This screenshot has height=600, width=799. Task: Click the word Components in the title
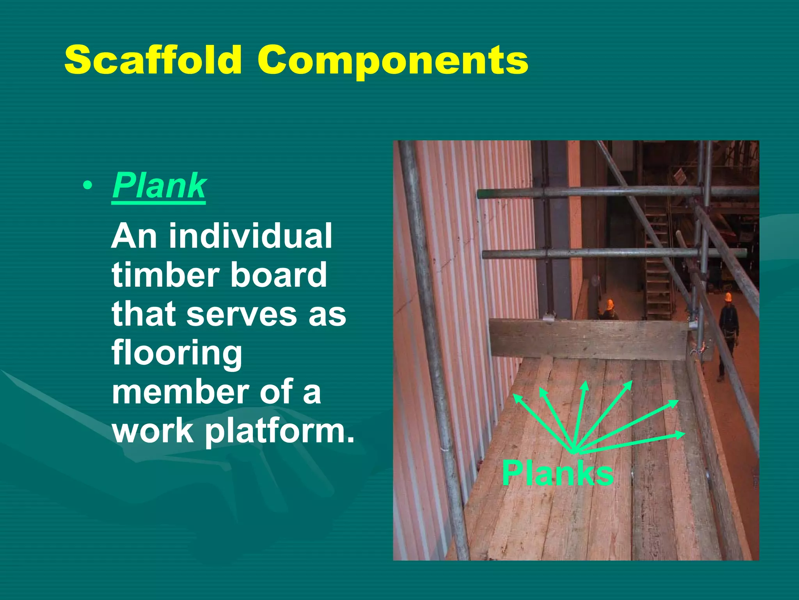coord(392,61)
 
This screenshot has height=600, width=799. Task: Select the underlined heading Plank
coord(159,186)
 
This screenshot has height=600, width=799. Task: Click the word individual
coord(250,236)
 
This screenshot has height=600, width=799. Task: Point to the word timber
coord(165,275)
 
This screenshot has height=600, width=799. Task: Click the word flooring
coord(177,354)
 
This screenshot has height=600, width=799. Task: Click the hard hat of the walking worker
coord(728,297)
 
